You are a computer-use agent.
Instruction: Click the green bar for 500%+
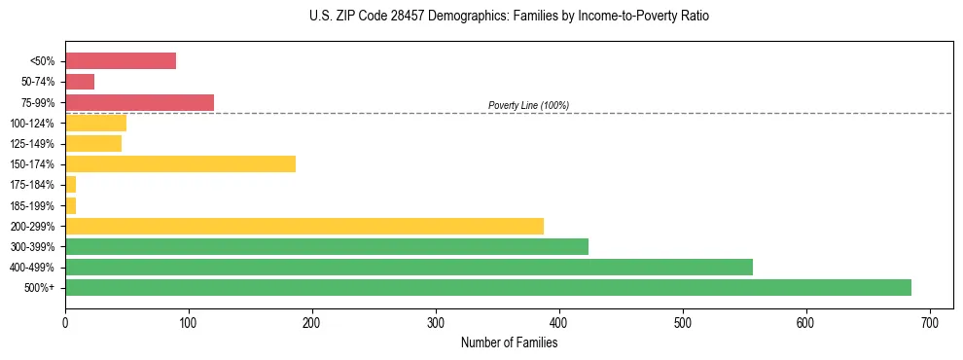click(487, 287)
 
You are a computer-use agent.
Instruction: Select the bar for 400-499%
click(409, 267)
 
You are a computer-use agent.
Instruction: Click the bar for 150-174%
click(180, 163)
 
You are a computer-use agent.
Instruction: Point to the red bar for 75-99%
click(139, 102)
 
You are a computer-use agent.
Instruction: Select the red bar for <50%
click(121, 61)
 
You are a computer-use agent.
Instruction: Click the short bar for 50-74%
click(80, 82)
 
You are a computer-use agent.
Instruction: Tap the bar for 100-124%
click(95, 123)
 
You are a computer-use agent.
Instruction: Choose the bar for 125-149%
click(93, 143)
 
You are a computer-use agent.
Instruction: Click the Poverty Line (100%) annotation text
click(528, 105)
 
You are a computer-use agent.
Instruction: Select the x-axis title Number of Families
click(509, 342)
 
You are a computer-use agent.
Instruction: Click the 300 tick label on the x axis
click(436, 323)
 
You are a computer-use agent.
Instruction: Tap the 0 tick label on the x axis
click(65, 323)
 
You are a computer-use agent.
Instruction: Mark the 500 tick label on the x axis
click(682, 323)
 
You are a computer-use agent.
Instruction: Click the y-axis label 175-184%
click(34, 185)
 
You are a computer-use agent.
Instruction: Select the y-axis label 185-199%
click(34, 205)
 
